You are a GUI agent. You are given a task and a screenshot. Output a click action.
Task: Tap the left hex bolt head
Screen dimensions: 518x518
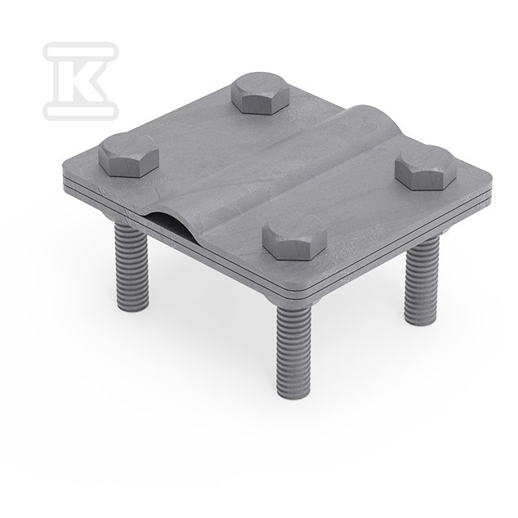point(128,155)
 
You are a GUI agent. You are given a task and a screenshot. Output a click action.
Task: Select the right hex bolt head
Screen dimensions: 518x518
point(426,167)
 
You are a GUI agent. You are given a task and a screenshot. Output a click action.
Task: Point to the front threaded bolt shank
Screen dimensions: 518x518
point(293,351)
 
